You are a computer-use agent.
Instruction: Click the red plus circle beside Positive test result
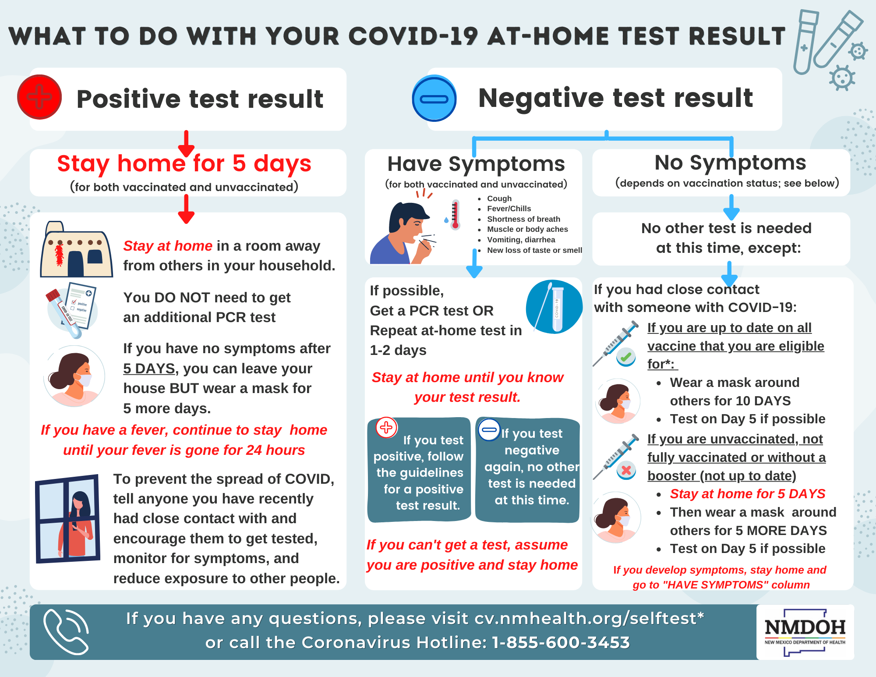(39, 97)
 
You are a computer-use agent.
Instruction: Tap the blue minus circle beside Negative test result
(434, 99)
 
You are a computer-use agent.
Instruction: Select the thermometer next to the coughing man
(456, 215)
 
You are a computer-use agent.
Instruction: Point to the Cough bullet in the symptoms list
(499, 198)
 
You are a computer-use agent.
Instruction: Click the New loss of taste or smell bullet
(534, 250)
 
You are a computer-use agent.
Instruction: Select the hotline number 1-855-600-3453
(561, 642)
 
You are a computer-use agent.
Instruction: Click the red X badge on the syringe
(626, 471)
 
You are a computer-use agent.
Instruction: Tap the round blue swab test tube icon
(554, 307)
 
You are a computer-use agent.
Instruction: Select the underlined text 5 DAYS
(149, 369)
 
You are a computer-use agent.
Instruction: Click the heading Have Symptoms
(476, 164)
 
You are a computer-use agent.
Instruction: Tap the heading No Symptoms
(730, 163)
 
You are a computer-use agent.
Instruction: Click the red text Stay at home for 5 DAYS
(747, 494)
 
